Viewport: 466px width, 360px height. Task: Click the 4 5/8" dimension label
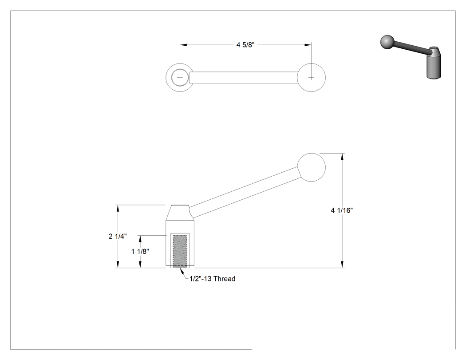coord(245,45)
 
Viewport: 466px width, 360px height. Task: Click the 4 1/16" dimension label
coord(342,210)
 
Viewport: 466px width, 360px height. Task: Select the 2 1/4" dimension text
coord(118,236)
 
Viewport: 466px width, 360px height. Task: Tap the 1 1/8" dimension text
coord(140,252)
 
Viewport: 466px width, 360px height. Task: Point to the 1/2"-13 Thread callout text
coord(213,279)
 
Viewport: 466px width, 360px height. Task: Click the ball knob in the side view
coord(311,167)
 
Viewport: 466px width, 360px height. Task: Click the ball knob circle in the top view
coord(311,78)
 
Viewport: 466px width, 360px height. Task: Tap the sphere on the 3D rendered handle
coord(387,42)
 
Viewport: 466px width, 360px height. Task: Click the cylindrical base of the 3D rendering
coord(434,67)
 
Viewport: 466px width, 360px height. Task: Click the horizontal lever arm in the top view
coord(244,78)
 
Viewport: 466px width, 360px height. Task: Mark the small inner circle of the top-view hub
coord(179,78)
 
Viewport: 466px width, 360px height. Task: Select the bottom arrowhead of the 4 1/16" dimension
coord(343,265)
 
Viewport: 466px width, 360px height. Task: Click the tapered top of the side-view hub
coord(180,213)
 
